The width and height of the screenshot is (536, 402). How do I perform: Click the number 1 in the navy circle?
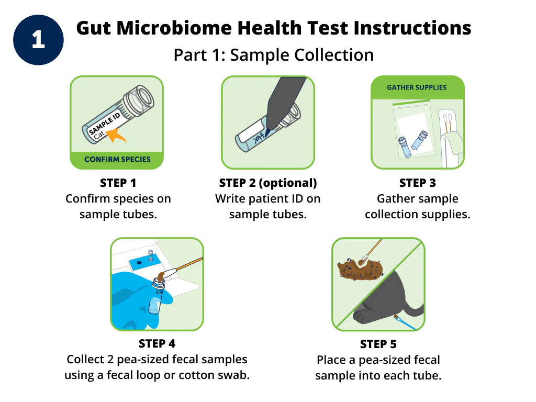[38, 40]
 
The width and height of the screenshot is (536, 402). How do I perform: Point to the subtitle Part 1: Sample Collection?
[273, 55]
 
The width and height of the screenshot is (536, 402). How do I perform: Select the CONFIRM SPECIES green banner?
[117, 159]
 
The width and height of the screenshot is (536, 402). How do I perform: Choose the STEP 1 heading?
[118, 183]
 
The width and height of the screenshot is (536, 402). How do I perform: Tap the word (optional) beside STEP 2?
[289, 183]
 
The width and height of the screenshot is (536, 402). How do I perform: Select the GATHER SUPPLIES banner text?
[417, 87]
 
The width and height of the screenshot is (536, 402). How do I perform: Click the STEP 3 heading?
[417, 183]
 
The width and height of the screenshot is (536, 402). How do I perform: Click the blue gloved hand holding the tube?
[133, 304]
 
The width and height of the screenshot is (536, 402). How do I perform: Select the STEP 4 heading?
[157, 344]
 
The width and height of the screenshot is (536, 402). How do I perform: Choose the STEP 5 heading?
[378, 344]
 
